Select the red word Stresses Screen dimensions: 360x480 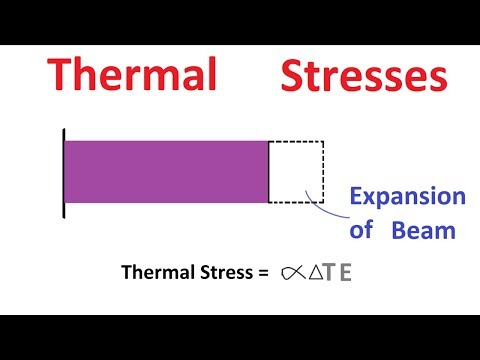pyautogui.click(x=361, y=76)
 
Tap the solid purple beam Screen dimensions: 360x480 pyautogui.click(x=166, y=171)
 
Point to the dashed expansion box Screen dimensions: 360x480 pyautogui.click(x=296, y=171)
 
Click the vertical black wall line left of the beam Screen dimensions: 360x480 pyautogui.click(x=63, y=171)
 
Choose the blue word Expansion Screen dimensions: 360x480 pyautogui.click(x=406, y=196)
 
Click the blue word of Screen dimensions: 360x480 pyautogui.click(x=361, y=229)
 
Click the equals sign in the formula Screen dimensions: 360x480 pyautogui.click(x=262, y=272)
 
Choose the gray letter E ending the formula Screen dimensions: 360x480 pyautogui.click(x=346, y=272)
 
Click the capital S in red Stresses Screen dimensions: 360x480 pyautogui.click(x=295, y=76)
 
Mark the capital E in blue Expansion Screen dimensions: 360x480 pyautogui.click(x=356, y=196)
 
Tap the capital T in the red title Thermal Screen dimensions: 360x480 pyautogui.click(x=62, y=76)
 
